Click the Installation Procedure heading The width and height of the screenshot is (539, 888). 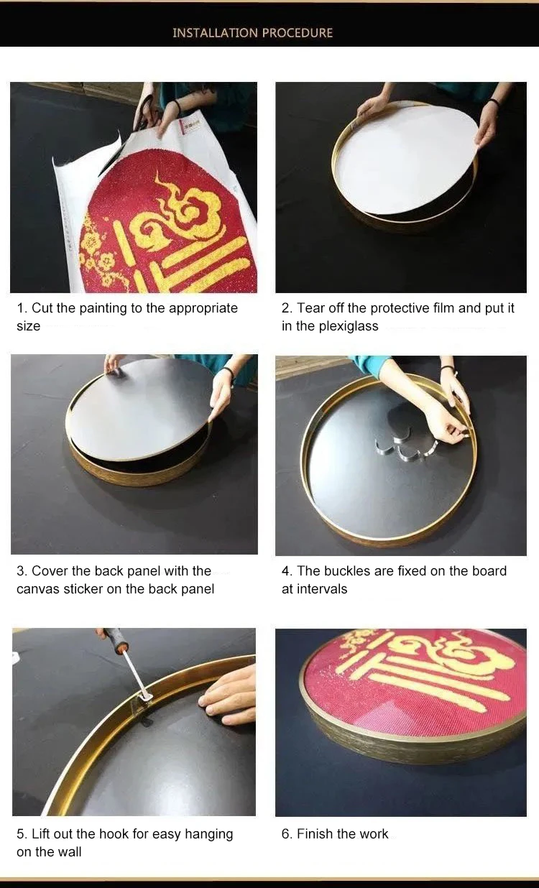252,33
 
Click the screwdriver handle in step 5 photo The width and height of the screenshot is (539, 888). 114,637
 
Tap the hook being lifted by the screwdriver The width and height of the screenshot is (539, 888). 143,698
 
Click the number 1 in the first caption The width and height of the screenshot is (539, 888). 21,308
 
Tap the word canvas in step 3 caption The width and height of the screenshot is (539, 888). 37,589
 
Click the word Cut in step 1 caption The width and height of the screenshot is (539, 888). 42,308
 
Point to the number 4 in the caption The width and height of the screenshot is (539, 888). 285,571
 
